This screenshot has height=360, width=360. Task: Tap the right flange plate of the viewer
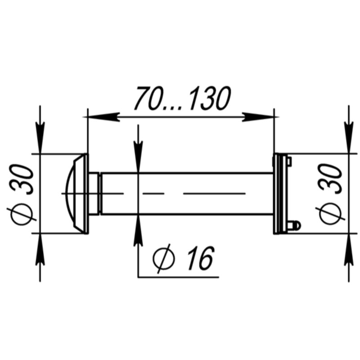[279, 193]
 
